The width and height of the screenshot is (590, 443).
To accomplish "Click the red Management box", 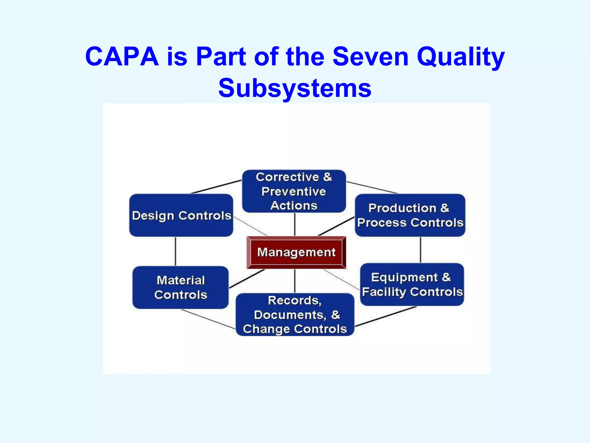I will click(x=296, y=252).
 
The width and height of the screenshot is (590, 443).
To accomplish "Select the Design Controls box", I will click(x=181, y=215).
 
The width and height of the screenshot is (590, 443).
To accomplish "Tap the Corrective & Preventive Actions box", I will click(x=294, y=191).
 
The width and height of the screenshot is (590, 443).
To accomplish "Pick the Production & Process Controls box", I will click(x=410, y=215).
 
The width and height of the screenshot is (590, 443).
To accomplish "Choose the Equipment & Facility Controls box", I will click(x=412, y=284).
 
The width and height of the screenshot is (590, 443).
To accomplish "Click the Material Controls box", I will click(x=180, y=287).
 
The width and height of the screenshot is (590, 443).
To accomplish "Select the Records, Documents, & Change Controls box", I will click(x=295, y=315).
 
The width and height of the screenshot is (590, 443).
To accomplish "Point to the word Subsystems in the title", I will click(x=295, y=88).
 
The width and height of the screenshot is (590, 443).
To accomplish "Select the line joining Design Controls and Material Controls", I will click(x=175, y=251).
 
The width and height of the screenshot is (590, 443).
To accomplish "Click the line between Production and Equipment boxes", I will click(x=420, y=250).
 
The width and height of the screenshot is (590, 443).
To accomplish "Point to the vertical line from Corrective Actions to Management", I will click(x=294, y=224).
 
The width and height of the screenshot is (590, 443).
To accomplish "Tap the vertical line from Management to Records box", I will click(x=294, y=281).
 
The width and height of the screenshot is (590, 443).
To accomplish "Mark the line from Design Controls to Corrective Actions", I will click(x=216, y=187).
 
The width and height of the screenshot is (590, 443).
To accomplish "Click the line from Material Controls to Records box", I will click(x=208, y=319).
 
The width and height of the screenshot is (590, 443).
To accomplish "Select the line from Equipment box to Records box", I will click(x=386, y=316).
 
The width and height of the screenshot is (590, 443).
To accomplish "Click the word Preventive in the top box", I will click(x=294, y=192).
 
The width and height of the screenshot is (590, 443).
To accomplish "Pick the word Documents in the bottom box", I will click(x=290, y=315).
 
